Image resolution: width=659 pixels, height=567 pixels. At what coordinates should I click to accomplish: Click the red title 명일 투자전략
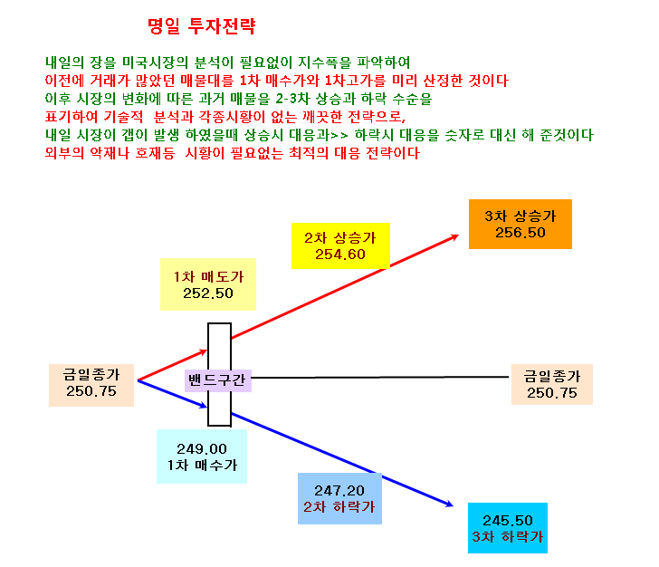tap(202, 26)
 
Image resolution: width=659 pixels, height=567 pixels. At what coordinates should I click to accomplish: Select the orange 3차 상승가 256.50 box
tap(521, 225)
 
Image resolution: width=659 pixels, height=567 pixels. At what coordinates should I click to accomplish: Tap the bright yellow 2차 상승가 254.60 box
tap(340, 246)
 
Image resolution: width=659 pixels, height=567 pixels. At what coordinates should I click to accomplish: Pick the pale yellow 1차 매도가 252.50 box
tap(208, 284)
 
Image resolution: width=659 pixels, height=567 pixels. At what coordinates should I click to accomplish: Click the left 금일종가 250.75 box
tap(91, 385)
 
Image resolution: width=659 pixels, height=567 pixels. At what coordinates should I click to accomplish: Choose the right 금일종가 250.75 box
tap(552, 384)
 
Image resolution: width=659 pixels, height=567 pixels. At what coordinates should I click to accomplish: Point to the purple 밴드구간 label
tap(217, 380)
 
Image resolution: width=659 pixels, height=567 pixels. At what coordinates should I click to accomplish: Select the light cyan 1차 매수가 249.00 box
tap(202, 456)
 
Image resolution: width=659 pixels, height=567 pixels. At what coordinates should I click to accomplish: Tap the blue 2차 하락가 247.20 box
tap(339, 498)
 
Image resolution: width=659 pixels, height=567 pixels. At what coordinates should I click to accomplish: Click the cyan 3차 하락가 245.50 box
tap(508, 528)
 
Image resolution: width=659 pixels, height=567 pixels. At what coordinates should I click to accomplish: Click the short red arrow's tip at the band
tap(206, 351)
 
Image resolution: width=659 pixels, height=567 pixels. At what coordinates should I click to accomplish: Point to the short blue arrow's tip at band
tap(206, 407)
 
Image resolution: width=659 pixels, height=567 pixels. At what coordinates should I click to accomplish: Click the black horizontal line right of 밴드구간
tap(380, 378)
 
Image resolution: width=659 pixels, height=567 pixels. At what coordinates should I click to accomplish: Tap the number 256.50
tap(521, 233)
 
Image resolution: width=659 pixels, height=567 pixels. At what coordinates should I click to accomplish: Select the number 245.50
tap(508, 521)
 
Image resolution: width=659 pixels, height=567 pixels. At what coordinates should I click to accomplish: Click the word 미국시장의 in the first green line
tap(155, 62)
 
